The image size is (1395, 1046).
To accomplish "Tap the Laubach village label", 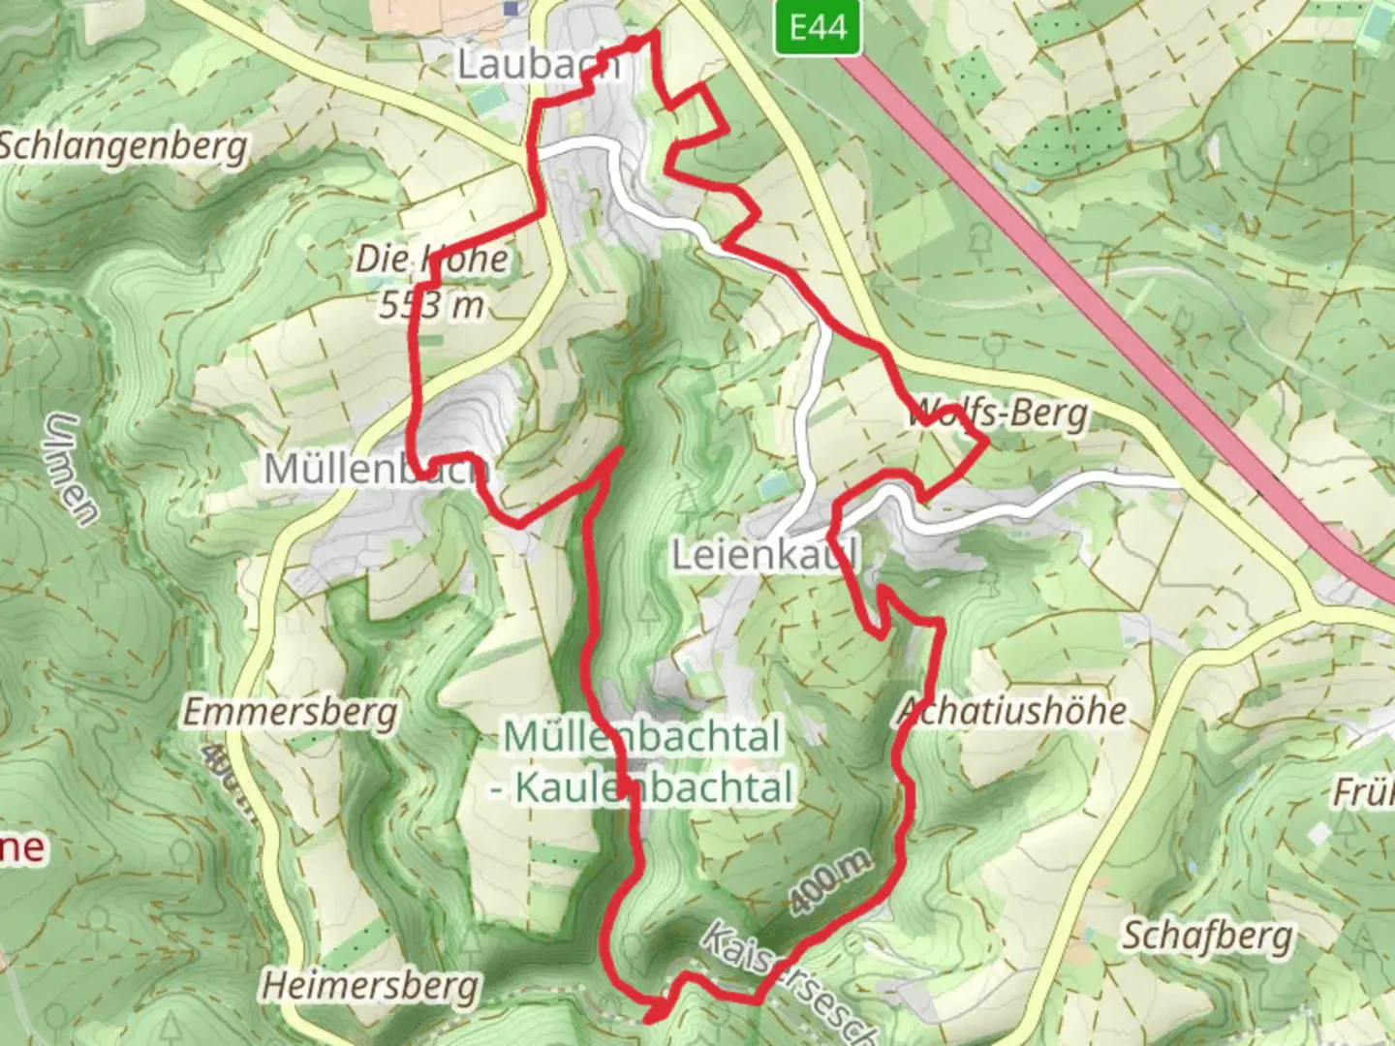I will (x=538, y=65).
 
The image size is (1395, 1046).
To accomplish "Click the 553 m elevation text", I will (x=431, y=305).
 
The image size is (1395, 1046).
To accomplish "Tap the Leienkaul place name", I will (x=765, y=556).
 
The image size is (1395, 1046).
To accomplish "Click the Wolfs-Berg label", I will (x=998, y=415).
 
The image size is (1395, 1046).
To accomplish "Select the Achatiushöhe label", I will (x=1012, y=711).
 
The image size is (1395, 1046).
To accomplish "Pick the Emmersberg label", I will (x=291, y=713).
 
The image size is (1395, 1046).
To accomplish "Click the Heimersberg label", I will (x=371, y=986).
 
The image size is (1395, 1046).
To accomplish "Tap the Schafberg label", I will (x=1207, y=936).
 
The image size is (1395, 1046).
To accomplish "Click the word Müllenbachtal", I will (x=641, y=737).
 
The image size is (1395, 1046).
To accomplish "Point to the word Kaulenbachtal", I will (x=654, y=787).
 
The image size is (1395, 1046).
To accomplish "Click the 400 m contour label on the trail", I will (x=829, y=882).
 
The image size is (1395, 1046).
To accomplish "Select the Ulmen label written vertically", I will (x=73, y=470).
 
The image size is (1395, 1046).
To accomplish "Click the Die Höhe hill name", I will (x=431, y=259).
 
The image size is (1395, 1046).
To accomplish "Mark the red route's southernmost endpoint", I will (x=649, y=1018).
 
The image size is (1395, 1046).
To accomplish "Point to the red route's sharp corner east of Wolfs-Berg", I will (x=986, y=443).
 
